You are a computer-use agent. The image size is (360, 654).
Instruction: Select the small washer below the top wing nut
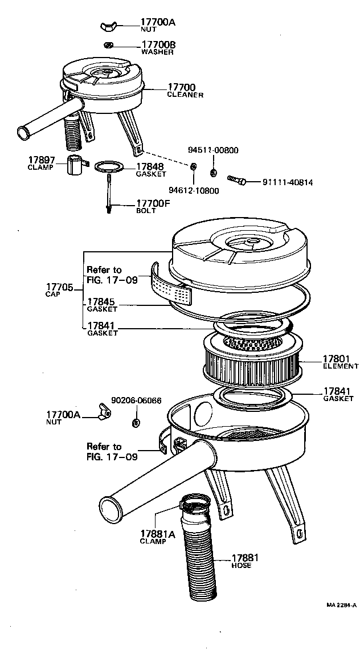pos(109,45)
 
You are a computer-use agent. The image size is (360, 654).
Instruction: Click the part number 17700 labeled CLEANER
pos(182,88)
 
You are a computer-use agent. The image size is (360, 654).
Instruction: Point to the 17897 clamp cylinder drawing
pos(75,166)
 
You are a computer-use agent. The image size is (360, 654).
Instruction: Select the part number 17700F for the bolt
pos(153,203)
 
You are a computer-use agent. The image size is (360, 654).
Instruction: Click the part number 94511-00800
pos(213,150)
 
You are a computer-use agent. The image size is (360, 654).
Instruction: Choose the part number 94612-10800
pos(194,190)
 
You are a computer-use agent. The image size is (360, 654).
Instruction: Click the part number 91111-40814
pos(287,183)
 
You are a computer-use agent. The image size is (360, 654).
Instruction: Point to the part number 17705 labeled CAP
pos(59,288)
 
